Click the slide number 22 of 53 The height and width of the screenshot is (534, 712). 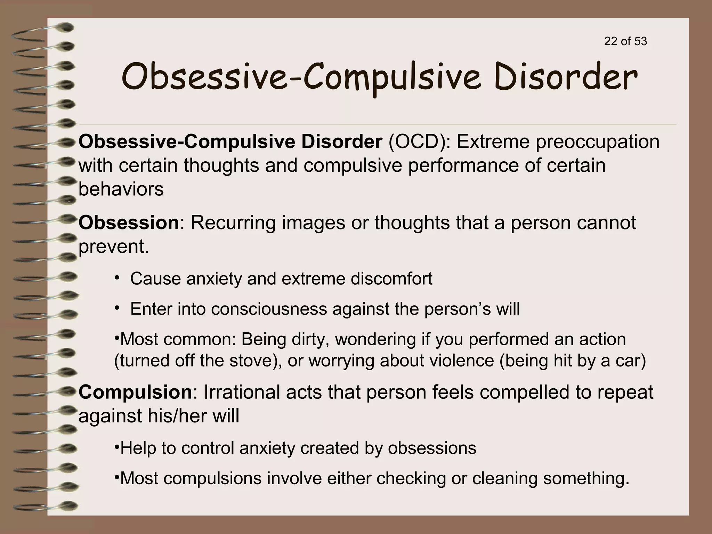pos(625,41)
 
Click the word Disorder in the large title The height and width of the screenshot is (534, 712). pos(566,77)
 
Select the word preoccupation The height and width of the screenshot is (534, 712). pos(597,143)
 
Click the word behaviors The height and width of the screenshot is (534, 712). pos(121,189)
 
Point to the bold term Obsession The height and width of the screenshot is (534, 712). pos(129,222)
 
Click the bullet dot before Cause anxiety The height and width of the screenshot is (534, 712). pos(117,278)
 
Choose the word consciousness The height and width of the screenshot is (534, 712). pos(269,309)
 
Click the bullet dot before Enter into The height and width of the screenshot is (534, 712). pos(117,308)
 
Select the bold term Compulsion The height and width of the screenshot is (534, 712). pos(135,392)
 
